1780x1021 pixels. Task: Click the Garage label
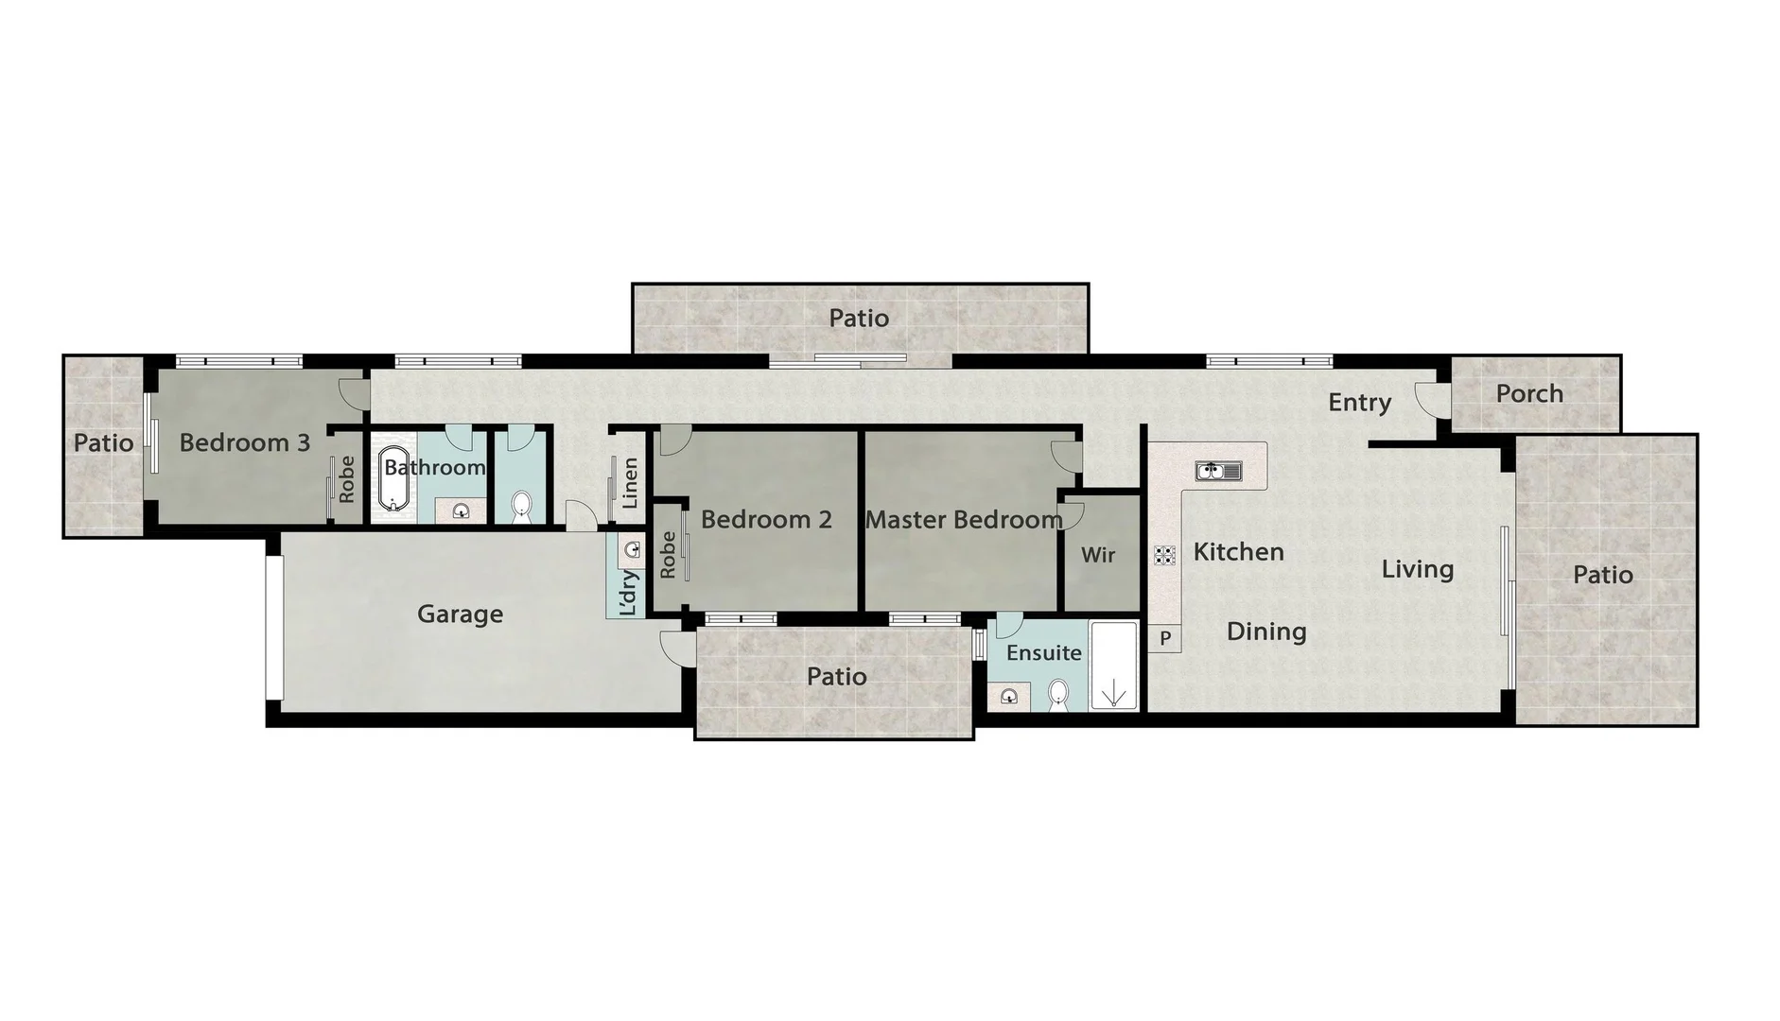460,614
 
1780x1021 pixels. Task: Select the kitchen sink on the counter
1218,470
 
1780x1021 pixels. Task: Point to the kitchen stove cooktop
1164,556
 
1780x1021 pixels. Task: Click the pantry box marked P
1165,639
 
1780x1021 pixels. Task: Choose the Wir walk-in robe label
1098,555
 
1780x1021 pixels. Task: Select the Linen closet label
631,482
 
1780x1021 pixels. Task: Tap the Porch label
1529,393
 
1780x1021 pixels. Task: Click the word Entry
1359,403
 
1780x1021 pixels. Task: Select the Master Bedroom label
963,520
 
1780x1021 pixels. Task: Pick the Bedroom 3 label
244,442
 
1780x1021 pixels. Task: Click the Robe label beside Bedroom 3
347,478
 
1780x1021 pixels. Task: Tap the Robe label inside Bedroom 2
668,554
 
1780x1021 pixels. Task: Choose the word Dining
1266,632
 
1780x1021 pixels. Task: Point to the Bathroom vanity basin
462,511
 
